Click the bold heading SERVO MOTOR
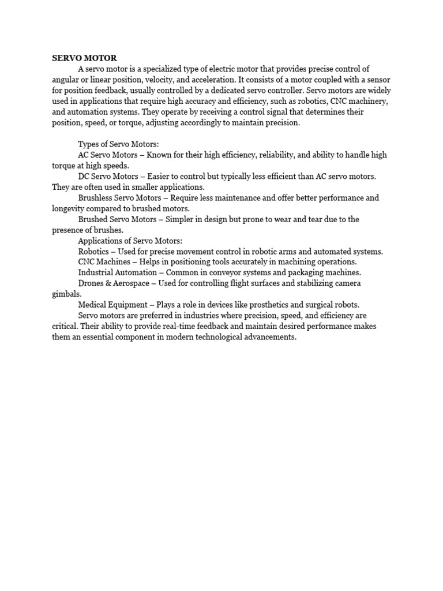point(84,58)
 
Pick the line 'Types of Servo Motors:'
point(118,144)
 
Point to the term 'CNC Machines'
point(104,262)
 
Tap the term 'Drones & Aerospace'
point(114,283)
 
